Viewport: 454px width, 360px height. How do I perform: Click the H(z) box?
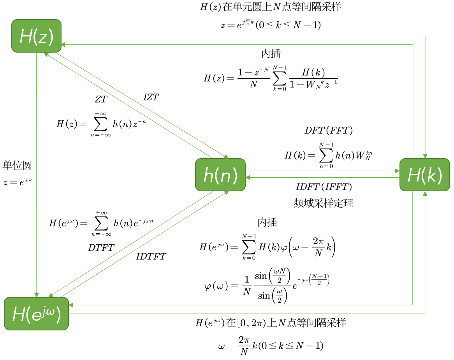(36, 36)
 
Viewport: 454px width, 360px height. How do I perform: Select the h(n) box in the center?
(220, 175)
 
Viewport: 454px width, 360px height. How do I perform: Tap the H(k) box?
(424, 175)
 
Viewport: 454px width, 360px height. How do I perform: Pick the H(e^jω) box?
(36, 314)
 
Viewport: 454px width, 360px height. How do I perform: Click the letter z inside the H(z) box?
(42, 37)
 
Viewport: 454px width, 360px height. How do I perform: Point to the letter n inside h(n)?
(225, 176)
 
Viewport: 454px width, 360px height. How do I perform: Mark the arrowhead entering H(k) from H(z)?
(425, 156)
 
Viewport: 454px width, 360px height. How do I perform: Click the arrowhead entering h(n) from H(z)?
(226, 157)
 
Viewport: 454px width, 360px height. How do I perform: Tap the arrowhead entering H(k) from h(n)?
(397, 171)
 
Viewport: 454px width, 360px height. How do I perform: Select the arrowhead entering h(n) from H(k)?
(248, 178)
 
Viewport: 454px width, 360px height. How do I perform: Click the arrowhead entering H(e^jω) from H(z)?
(37, 295)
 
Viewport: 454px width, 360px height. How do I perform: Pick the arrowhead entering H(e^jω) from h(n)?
(51, 295)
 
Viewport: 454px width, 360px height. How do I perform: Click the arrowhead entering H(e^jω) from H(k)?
(71, 305)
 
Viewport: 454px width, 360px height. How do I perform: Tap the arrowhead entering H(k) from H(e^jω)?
(425, 193)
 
